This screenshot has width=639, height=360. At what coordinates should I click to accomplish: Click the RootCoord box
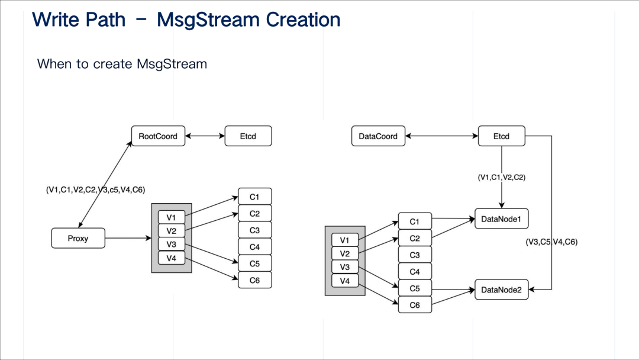coord(158,136)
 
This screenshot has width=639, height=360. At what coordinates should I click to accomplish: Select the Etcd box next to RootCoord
coord(248,136)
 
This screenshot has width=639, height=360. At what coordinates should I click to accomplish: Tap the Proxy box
coord(78,239)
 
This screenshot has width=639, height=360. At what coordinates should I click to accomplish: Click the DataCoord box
coord(378,136)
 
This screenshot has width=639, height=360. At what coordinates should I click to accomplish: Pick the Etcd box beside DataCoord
coord(501,136)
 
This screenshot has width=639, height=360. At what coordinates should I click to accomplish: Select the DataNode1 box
coord(501,218)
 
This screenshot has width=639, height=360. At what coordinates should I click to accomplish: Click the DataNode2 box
coord(501,290)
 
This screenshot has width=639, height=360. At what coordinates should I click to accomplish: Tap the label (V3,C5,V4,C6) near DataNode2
coord(551,242)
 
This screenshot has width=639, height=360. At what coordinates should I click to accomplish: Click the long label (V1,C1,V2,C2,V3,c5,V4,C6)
coord(96,189)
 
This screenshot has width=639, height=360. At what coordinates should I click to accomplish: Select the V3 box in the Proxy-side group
coord(171,245)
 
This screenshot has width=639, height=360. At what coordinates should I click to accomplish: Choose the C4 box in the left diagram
coord(254,246)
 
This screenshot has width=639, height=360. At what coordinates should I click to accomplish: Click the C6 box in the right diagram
coord(415,305)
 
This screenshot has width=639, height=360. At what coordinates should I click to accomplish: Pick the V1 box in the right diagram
coord(344,240)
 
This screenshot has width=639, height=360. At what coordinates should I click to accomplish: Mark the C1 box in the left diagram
coord(254,197)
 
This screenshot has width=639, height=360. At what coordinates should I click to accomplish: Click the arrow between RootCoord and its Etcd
coord(205,136)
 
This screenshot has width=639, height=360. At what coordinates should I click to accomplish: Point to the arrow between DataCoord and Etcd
coord(441,136)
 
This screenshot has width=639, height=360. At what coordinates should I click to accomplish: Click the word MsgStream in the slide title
coord(210,20)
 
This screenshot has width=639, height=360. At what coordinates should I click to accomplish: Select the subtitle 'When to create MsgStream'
coord(122,63)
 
